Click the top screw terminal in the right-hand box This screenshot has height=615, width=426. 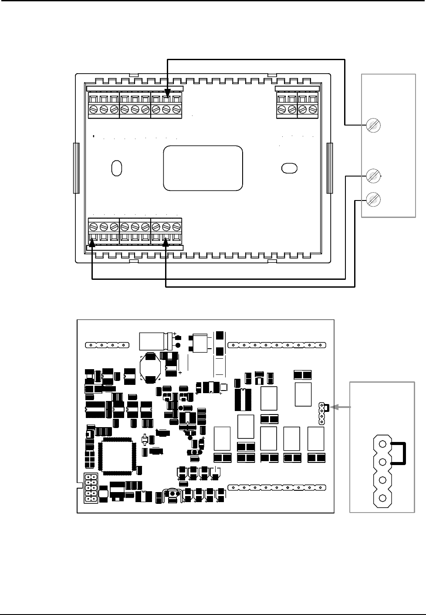374,126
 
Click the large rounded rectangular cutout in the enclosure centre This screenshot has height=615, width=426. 203,168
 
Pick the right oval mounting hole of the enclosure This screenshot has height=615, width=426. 290,168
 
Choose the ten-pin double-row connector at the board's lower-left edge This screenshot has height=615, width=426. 91,488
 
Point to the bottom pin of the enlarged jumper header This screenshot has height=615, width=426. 382,498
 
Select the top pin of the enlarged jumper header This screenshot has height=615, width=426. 382,444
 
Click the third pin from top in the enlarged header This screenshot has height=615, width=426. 382,480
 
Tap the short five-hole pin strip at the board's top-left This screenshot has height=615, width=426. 107,346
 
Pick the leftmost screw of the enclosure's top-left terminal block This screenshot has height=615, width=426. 93,109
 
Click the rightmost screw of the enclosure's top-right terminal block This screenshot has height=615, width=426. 313,109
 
